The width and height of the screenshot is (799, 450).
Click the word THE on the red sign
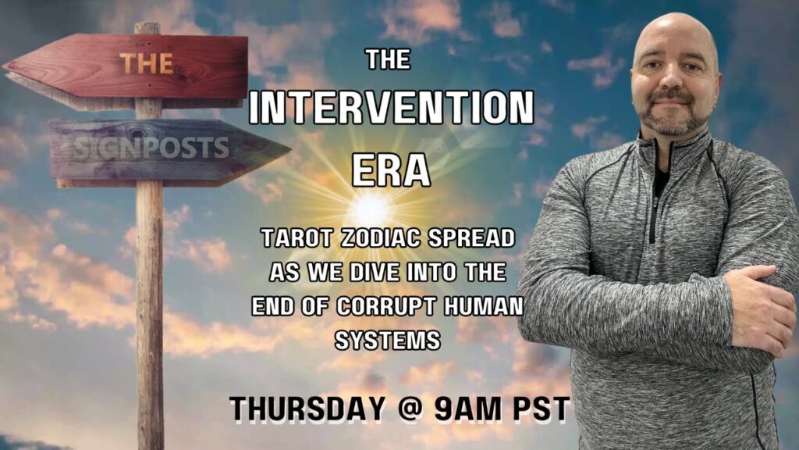(x=147, y=64)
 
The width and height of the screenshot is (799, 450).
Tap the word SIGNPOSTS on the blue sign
(x=151, y=148)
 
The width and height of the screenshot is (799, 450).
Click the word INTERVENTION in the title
(x=392, y=108)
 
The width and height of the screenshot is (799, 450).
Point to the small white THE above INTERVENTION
(x=389, y=59)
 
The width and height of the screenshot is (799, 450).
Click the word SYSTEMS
(x=388, y=341)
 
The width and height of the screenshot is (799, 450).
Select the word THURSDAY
(x=307, y=409)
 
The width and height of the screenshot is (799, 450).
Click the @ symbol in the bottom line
(x=409, y=409)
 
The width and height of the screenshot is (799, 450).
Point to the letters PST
(x=540, y=409)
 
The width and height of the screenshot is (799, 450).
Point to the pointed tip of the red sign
(x=4, y=66)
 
